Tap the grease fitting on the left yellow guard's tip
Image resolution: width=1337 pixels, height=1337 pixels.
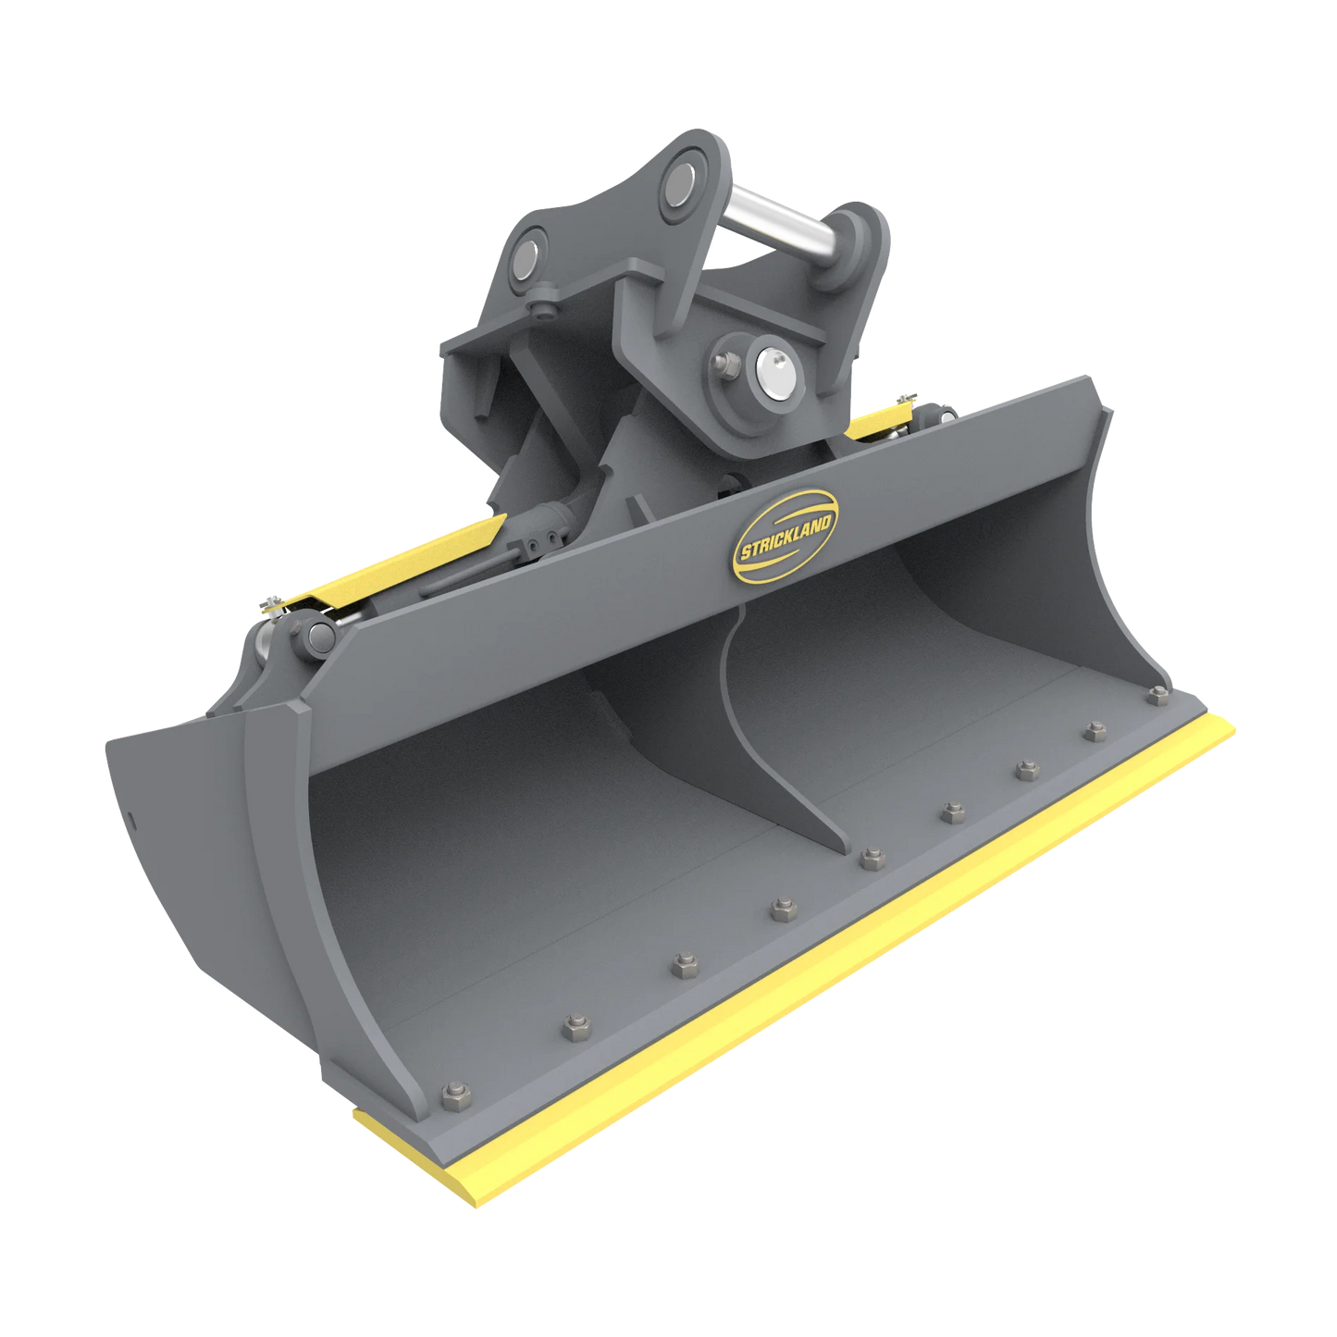[269, 606]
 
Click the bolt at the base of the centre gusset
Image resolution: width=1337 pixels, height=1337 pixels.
[870, 858]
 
